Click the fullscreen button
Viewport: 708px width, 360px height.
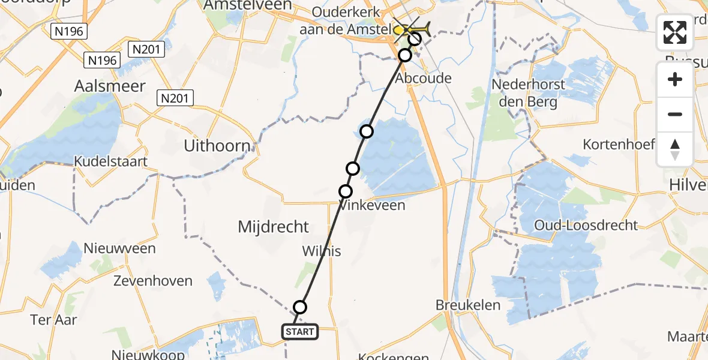tap(675, 32)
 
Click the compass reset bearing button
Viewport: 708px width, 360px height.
tap(675, 149)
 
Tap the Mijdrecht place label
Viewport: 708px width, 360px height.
tap(274, 227)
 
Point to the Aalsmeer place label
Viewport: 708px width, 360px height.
tap(110, 86)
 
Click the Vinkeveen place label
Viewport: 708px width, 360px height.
tap(372, 205)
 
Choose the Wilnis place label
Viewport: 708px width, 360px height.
tap(322, 251)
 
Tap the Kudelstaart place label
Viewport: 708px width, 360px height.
tap(111, 161)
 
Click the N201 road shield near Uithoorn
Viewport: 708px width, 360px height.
tap(175, 97)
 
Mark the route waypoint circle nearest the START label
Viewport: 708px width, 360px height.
tap(300, 307)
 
